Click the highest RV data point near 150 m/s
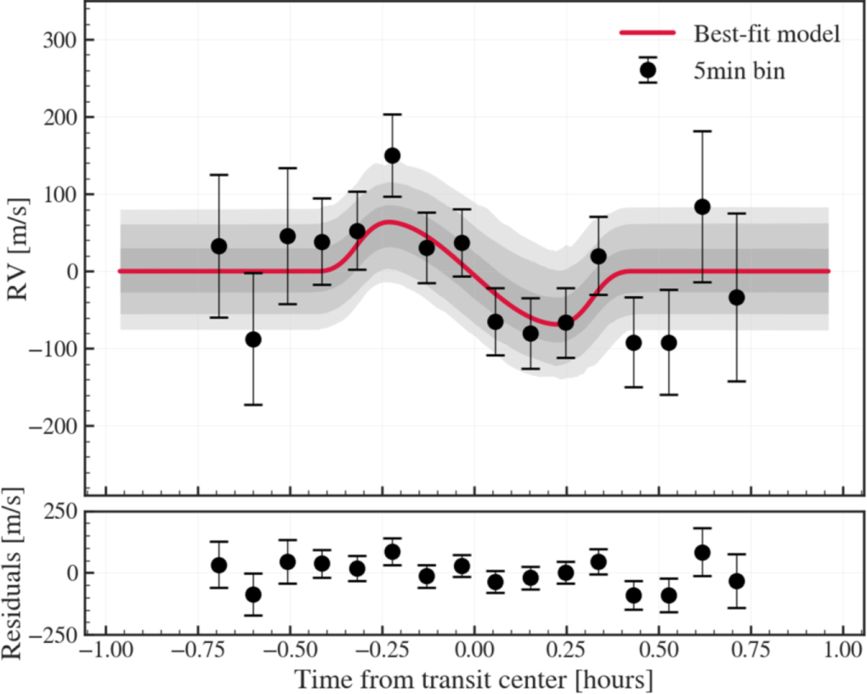click(392, 156)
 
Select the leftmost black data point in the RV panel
click(219, 247)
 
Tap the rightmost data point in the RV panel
click(736, 298)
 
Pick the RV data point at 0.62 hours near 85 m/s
click(702, 207)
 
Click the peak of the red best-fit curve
click(389, 223)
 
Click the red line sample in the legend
click(648, 32)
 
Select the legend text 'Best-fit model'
click(767, 34)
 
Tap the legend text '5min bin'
click(739, 71)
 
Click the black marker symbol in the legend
click(648, 71)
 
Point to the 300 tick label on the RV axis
click(61, 41)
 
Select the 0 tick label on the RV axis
click(72, 272)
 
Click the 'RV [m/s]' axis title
click(18, 248)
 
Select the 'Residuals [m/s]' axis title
click(12, 573)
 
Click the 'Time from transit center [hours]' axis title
click(473, 680)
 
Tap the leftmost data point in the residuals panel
click(219, 565)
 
